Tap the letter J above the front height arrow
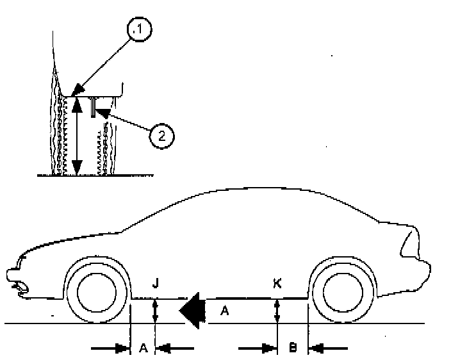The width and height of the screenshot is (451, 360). click(156, 282)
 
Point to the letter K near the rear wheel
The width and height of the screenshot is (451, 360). click(277, 282)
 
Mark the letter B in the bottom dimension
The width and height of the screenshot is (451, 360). click(292, 348)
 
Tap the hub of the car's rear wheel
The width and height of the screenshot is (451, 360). click(341, 292)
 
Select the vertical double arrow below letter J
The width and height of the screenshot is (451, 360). click(155, 311)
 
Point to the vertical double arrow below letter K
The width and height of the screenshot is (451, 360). click(277, 311)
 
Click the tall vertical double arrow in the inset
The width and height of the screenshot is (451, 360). click(77, 135)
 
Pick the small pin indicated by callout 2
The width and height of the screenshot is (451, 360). click(93, 107)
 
